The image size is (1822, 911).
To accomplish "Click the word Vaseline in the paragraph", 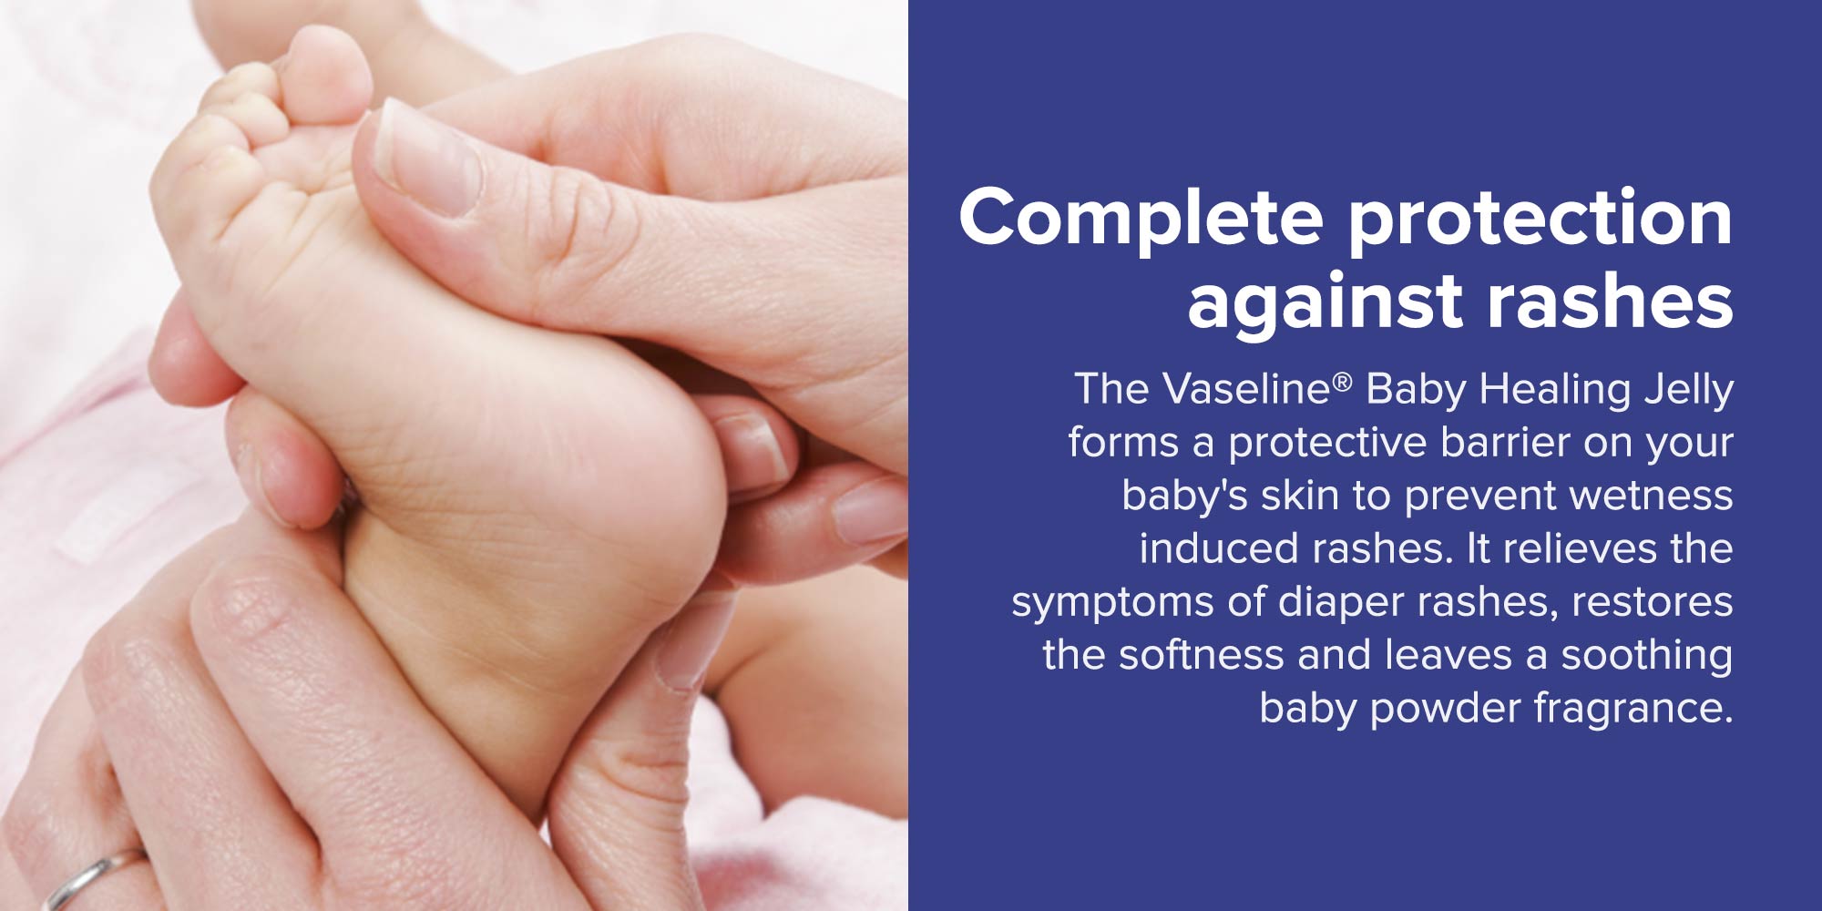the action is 1247,388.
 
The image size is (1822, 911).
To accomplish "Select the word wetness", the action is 1651,495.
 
